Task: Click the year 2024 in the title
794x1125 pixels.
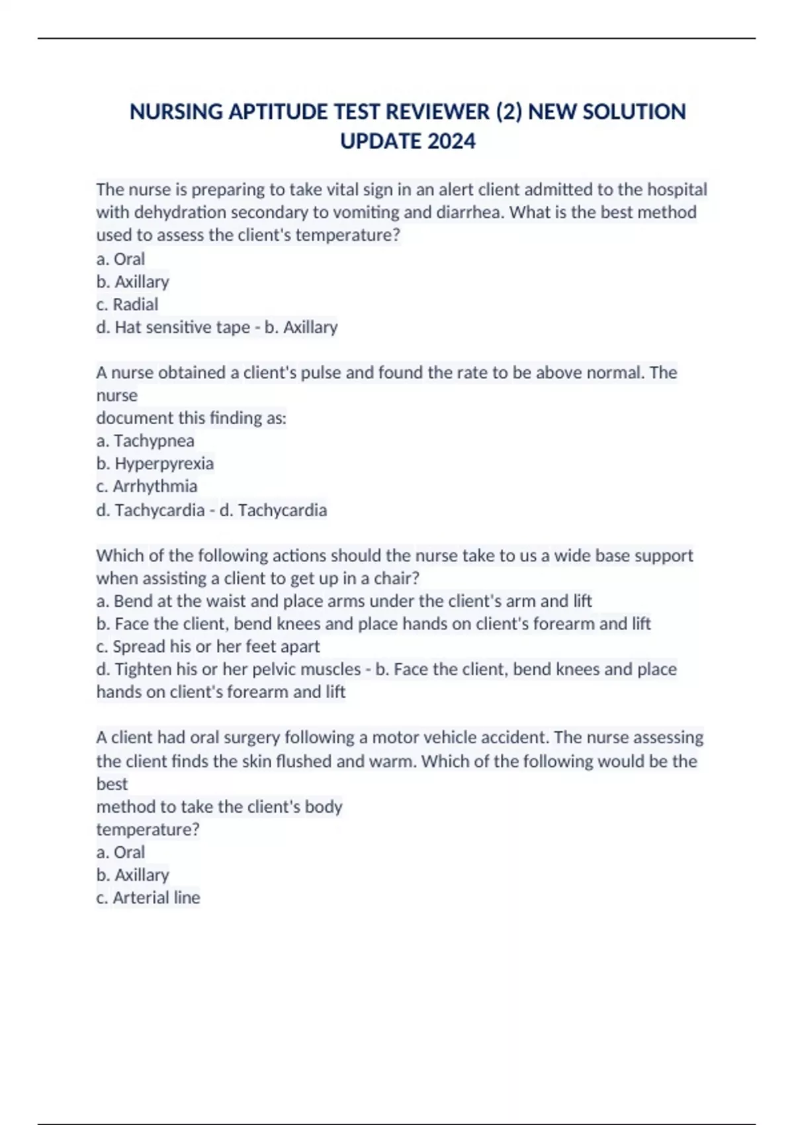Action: [x=451, y=141]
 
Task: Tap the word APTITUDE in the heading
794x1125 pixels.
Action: [x=279, y=112]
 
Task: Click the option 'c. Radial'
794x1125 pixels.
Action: [x=127, y=304]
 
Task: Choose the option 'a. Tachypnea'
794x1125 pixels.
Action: [x=145, y=441]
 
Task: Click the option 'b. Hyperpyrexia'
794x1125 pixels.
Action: [x=155, y=463]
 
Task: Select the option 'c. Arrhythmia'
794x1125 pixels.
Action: [x=146, y=486]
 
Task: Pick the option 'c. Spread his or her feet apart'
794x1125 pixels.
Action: [x=208, y=647]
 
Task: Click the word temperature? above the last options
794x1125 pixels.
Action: [x=148, y=829]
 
